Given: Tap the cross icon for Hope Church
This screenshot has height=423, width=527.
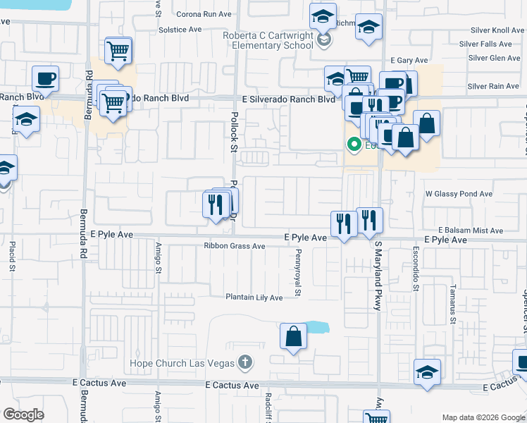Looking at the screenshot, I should click(244, 363).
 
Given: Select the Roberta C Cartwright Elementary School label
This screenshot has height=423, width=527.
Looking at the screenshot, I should click(267, 41).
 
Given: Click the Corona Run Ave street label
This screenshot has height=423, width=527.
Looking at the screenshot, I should click(204, 14).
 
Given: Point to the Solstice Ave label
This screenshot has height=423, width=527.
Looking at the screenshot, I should click(180, 30).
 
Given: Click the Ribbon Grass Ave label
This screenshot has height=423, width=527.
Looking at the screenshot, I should click(234, 246).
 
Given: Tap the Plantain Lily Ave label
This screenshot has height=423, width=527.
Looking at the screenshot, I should click(254, 298).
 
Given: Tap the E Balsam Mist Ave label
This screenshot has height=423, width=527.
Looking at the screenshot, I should click(470, 231).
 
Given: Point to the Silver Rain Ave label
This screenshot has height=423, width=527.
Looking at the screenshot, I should click(493, 86).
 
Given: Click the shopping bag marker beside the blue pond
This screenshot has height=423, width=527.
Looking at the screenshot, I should click(293, 336).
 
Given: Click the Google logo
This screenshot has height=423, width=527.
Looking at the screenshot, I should click(24, 415).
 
